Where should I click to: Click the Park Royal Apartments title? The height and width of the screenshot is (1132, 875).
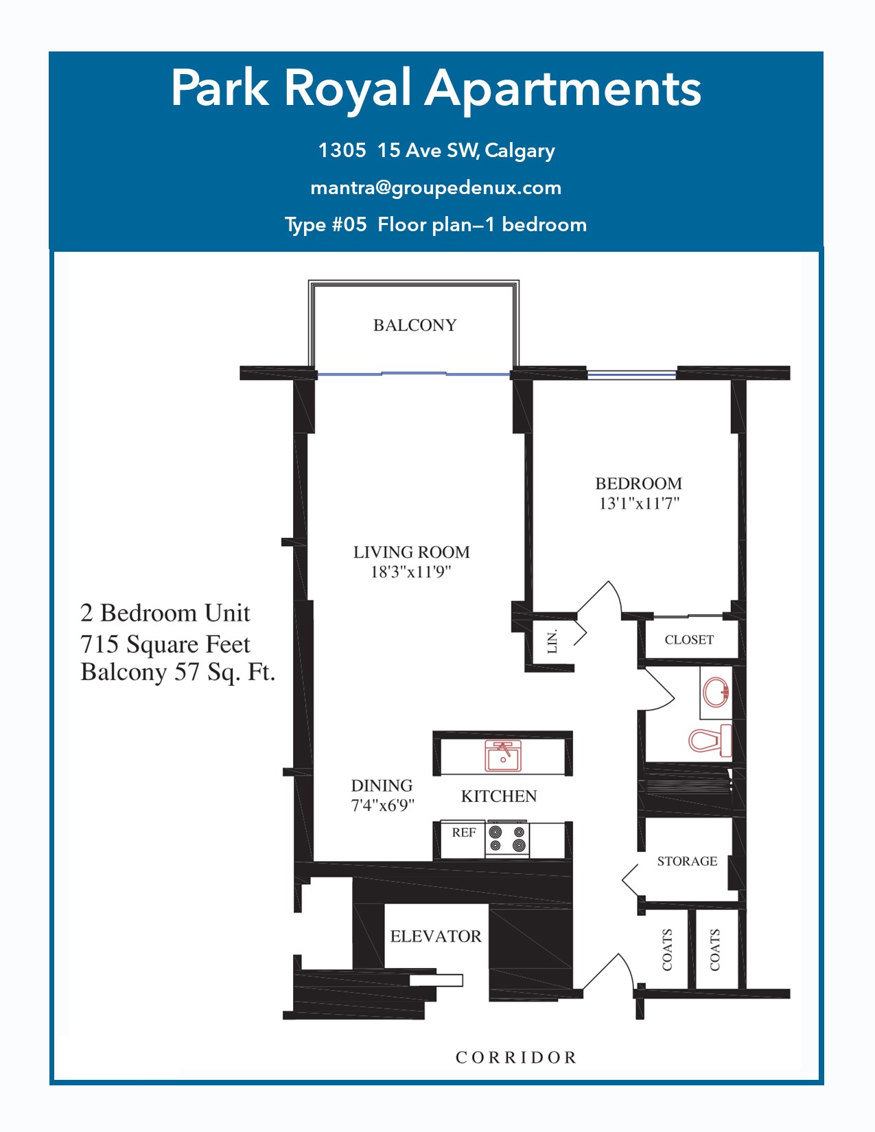click(436, 89)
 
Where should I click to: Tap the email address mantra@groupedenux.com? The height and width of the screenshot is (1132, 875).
click(436, 188)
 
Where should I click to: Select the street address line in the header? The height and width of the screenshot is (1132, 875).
click(436, 150)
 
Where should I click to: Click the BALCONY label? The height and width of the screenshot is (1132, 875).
click(415, 325)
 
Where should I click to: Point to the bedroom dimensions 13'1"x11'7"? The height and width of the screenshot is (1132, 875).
click(639, 504)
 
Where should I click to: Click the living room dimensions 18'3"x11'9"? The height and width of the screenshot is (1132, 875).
click(410, 572)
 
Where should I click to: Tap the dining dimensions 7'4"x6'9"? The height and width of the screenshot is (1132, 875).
click(382, 805)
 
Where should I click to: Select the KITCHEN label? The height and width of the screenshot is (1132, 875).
click(499, 796)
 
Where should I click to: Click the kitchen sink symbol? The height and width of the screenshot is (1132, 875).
click(503, 756)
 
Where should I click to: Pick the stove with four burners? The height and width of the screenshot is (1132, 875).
click(507, 838)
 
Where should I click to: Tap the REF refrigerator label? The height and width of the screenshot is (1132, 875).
click(464, 832)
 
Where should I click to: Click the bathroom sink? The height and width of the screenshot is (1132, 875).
click(716, 692)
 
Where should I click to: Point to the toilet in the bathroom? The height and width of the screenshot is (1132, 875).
click(710, 740)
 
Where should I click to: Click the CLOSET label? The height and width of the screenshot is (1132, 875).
click(689, 639)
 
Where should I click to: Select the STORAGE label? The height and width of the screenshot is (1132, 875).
click(687, 861)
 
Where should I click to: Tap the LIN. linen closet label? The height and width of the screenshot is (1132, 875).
click(552, 641)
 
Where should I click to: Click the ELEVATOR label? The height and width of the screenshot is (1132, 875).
click(436, 936)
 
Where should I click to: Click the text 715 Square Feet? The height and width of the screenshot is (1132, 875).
click(165, 644)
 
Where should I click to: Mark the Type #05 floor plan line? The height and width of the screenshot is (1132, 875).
click(436, 225)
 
